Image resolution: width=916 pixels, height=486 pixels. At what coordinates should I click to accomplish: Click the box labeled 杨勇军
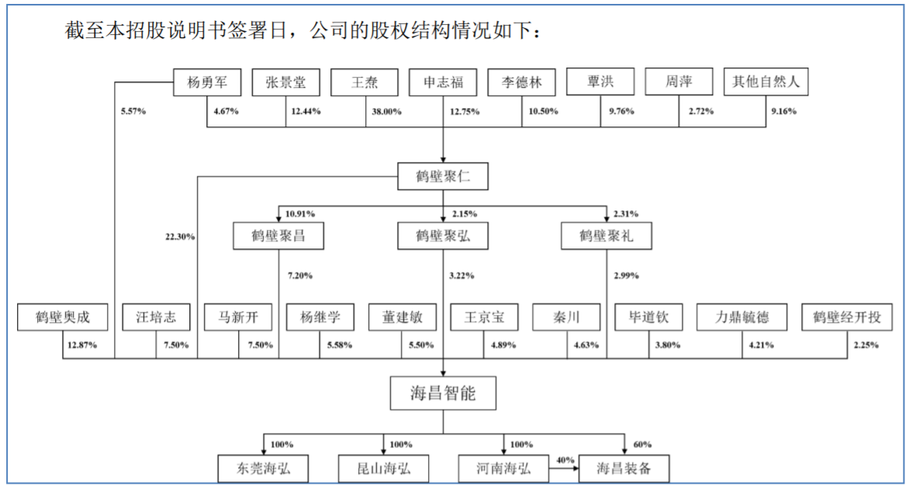206,82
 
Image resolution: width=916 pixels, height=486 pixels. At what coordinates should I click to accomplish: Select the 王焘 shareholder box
365,82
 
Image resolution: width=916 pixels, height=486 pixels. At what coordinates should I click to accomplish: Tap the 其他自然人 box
766,82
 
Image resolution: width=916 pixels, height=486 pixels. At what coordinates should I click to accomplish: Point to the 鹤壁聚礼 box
607,236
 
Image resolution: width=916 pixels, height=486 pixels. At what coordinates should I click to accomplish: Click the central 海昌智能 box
443,394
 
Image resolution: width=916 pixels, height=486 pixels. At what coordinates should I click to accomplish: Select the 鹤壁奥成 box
63,317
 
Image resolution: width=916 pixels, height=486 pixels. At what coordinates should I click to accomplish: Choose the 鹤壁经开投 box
847,317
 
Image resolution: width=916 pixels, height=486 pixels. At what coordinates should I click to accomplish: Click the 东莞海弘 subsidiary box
262,469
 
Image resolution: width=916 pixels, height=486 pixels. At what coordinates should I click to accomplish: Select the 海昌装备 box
624,469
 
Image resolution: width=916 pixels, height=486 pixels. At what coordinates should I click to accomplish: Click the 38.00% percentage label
386,112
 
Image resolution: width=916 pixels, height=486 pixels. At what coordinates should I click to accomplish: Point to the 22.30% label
179,237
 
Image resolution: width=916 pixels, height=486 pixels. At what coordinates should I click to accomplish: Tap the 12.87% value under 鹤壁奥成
82,345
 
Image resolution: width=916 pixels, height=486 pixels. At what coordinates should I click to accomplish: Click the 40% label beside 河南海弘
565,460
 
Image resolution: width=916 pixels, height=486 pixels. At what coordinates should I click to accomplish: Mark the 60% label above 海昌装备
642,445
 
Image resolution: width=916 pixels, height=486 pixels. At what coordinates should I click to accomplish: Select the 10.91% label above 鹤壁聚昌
300,213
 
